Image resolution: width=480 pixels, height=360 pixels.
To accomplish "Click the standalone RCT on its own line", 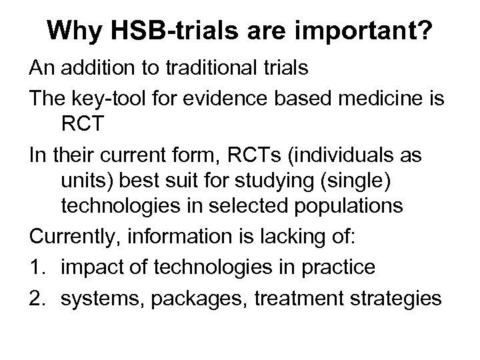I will point(85,127).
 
